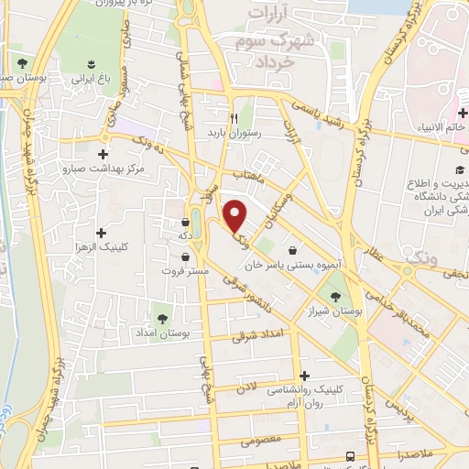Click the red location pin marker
tap(235, 214)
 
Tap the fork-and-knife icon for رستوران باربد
tap(234, 118)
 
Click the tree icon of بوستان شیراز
tap(335, 296)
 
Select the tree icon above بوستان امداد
tap(162, 318)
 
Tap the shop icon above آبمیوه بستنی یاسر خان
tap(292, 250)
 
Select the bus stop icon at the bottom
tap(349, 455)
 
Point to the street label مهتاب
tap(247, 173)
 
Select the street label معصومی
tap(261, 439)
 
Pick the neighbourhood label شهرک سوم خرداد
tap(280, 42)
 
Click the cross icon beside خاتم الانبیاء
tap(464, 113)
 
